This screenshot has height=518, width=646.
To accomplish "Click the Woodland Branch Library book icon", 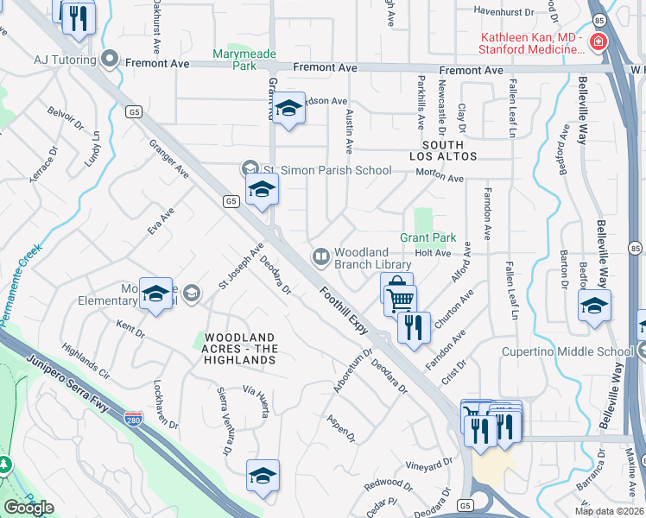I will [320, 256].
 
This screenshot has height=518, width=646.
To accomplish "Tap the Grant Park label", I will [427, 237].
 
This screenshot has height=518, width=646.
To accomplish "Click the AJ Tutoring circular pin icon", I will [110, 60].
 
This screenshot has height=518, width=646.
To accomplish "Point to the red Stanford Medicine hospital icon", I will [597, 41].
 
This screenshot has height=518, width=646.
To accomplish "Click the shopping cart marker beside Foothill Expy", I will [400, 300].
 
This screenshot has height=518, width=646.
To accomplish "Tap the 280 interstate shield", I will [133, 419].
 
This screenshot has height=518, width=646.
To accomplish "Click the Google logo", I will [28, 508].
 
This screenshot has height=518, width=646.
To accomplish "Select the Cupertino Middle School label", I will [567, 351].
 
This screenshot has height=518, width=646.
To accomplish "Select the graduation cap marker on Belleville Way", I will [594, 307].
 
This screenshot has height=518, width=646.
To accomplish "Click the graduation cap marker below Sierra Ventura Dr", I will [263, 475].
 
